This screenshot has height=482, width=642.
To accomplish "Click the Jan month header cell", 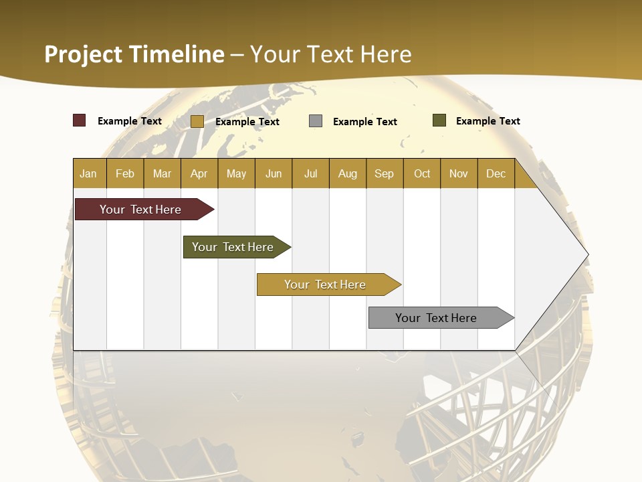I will (89, 173).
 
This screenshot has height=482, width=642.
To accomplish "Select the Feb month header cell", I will (125, 173).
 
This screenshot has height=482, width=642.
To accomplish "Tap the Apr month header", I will (199, 173).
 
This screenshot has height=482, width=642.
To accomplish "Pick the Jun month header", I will (274, 173).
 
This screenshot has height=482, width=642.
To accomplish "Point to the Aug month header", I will (348, 173).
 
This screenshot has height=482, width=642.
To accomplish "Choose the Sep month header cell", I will (385, 173).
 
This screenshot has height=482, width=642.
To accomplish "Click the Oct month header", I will (422, 173).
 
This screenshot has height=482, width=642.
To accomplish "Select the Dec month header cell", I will (496, 173).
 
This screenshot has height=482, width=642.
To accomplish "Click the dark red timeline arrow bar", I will (141, 210).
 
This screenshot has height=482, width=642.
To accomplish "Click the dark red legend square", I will (80, 120).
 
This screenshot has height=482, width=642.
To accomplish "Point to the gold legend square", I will (197, 121).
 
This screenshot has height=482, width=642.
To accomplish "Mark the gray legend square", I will (316, 121).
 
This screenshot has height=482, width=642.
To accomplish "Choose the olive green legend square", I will (439, 120).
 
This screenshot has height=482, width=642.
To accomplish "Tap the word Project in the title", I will (84, 54).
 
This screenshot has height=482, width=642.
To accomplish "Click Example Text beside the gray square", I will (365, 122).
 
